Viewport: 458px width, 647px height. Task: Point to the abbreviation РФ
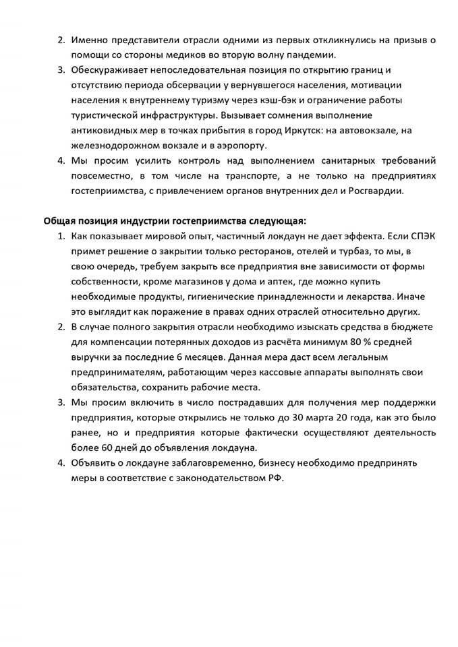point(278,477)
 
